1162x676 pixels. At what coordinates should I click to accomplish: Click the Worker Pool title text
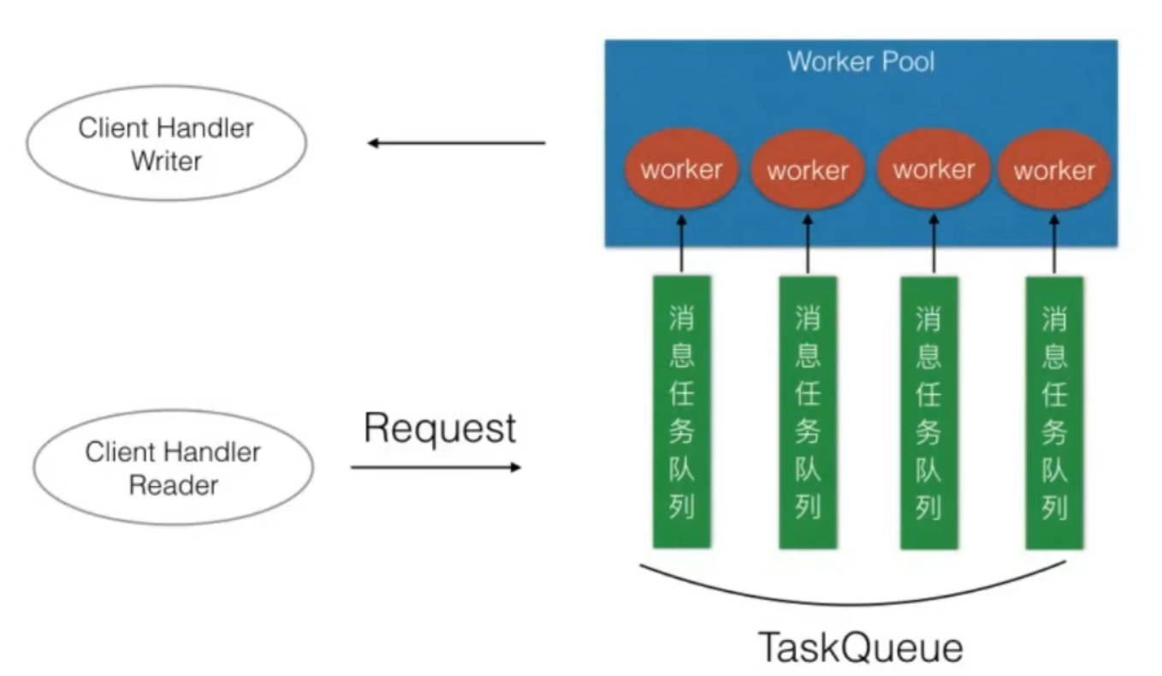pyautogui.click(x=860, y=62)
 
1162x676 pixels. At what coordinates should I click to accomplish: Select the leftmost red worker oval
pyautogui.click(x=681, y=169)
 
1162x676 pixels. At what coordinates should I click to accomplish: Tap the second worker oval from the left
pyautogui.click(x=807, y=170)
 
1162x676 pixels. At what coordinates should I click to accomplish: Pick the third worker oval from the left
pyautogui.click(x=933, y=169)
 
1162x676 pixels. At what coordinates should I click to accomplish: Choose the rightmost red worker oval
pyautogui.click(x=1054, y=170)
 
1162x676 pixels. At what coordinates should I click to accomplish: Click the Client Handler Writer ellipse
pyautogui.click(x=167, y=144)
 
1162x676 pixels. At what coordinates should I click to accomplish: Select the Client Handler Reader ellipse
pyautogui.click(x=174, y=468)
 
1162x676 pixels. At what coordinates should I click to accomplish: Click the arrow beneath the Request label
pyautogui.click(x=436, y=467)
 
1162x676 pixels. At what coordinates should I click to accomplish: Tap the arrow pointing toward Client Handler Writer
pyautogui.click(x=456, y=143)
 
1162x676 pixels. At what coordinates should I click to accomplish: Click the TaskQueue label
pyautogui.click(x=860, y=648)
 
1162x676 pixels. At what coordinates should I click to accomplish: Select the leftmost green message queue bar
pyautogui.click(x=682, y=412)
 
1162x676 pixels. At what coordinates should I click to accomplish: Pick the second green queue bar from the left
pyautogui.click(x=808, y=412)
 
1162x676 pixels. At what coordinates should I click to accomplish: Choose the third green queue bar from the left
pyautogui.click(x=929, y=412)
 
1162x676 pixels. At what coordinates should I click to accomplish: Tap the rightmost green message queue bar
pyautogui.click(x=1054, y=412)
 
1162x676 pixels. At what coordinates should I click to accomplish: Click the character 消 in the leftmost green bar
pyautogui.click(x=682, y=319)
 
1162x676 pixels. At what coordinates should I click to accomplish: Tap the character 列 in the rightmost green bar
pyautogui.click(x=1054, y=507)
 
